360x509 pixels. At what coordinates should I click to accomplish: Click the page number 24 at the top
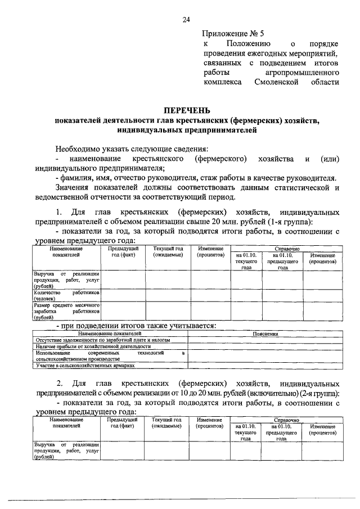click(x=186, y=21)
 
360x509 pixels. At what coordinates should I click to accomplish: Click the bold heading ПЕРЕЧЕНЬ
click(x=186, y=111)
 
